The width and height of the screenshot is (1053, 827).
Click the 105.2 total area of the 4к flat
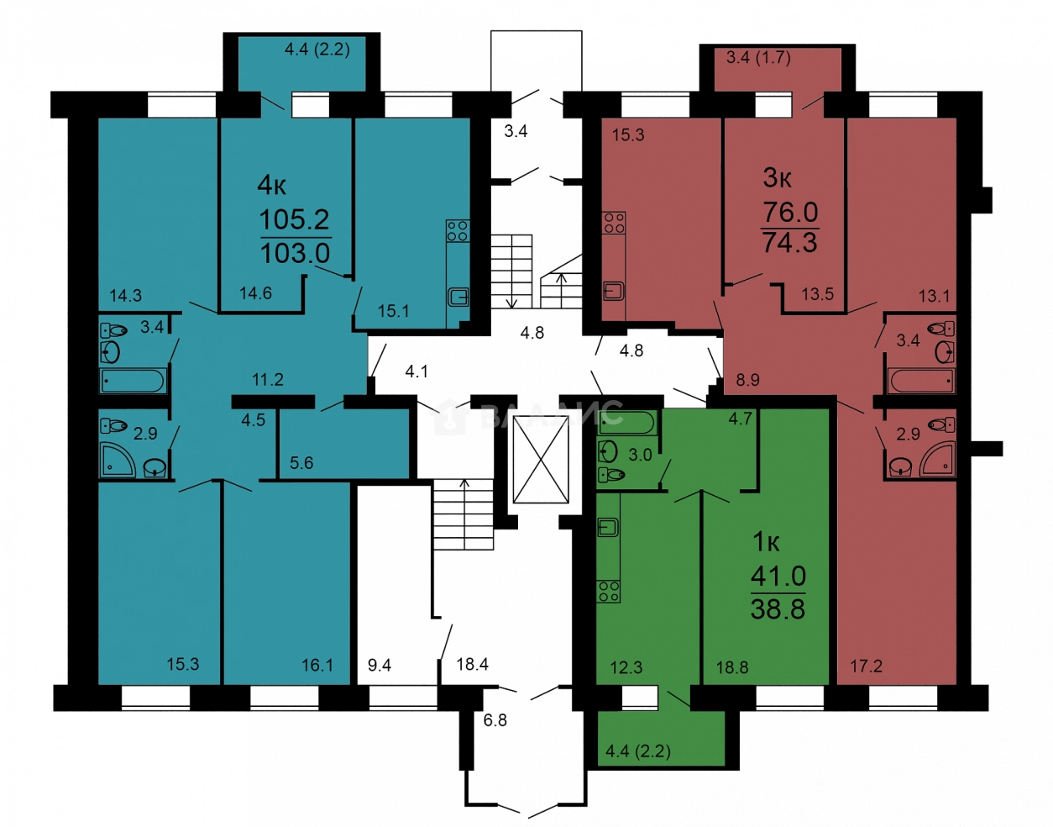pos(294,219)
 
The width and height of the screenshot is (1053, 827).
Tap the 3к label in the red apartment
pos(778,178)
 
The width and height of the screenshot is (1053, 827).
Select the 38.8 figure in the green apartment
pos(778,608)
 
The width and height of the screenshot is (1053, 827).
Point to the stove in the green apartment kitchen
pos(609,592)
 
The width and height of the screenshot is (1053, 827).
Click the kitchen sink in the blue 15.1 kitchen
pos(458,297)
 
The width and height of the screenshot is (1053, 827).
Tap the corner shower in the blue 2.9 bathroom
pos(118,460)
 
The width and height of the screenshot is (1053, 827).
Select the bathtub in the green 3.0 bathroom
pos(627,422)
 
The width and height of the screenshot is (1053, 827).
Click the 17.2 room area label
pos(866,666)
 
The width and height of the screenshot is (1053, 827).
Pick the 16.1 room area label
pos(317,665)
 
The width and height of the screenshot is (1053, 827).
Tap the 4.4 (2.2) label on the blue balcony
pos(317,50)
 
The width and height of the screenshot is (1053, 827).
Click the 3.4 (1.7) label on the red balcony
pos(758,58)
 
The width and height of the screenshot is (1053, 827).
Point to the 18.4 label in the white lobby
pos(472,664)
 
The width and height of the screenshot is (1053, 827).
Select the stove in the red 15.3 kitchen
pos(614,223)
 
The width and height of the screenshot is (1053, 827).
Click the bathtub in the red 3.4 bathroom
pos(921,381)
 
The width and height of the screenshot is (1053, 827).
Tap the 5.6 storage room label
pos(301,463)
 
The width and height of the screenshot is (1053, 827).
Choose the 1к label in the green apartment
pos(766,542)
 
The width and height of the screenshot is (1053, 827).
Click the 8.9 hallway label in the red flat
pos(747,380)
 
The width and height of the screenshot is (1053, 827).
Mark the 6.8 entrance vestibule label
pos(495,719)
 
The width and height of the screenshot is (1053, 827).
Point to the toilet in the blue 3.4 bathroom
pos(113,331)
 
